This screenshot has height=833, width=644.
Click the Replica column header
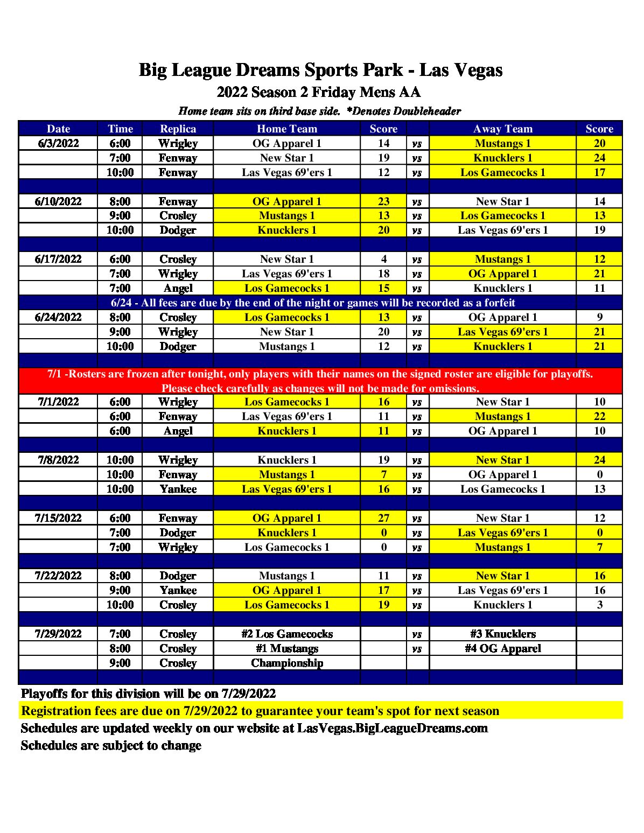[178, 129]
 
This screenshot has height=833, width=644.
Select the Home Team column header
[286, 129]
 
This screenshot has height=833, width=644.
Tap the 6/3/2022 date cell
[58, 143]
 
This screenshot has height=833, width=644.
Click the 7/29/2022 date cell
[58, 634]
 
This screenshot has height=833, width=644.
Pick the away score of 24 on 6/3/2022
[599, 158]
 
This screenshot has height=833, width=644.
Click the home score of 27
[383, 518]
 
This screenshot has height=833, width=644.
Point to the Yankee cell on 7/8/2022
[178, 489]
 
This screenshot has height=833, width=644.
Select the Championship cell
[286, 663]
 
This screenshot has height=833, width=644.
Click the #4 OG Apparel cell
[502, 648]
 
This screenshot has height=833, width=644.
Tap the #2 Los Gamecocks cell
[286, 634]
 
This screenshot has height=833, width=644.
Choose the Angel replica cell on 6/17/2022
[178, 288]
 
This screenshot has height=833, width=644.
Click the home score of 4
[383, 259]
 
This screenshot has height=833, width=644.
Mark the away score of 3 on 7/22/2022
[599, 605]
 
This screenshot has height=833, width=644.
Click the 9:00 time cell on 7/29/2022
[120, 663]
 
